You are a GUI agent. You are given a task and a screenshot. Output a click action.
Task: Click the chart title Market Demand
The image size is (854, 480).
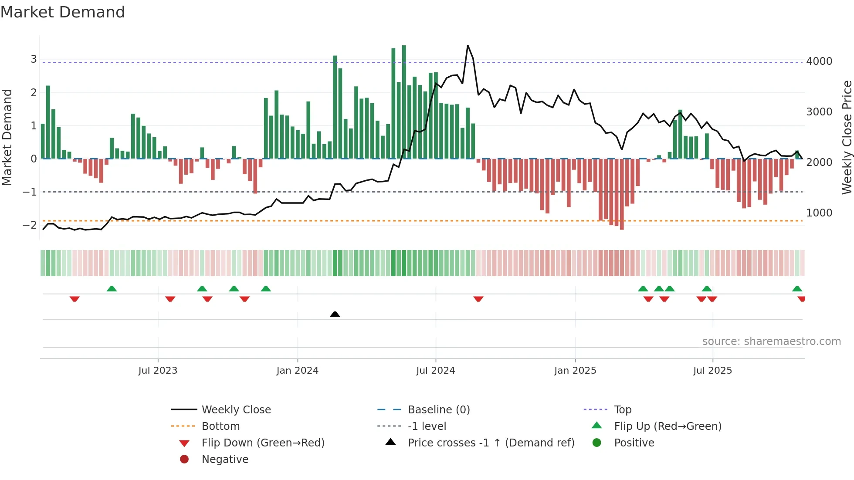click(x=63, y=12)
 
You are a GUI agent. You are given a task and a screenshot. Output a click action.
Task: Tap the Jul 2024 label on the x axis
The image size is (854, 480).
click(x=435, y=371)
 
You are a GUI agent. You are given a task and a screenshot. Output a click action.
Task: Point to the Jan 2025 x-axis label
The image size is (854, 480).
click(x=575, y=371)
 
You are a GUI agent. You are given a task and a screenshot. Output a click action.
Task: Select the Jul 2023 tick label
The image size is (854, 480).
click(x=158, y=371)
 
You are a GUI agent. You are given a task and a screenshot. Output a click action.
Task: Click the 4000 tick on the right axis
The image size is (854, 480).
click(x=819, y=61)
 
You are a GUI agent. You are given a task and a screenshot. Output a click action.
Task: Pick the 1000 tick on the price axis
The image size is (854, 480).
click(x=819, y=213)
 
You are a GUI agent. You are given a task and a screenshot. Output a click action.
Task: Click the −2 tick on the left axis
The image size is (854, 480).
click(x=30, y=225)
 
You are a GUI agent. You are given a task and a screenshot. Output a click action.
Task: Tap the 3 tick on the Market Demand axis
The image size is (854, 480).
click(x=34, y=59)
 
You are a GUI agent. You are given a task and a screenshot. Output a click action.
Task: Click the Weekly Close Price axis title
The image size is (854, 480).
click(x=847, y=137)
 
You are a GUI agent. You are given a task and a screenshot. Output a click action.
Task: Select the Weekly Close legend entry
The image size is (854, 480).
click(x=236, y=410)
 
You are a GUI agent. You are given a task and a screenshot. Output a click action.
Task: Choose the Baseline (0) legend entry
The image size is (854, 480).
click(x=438, y=410)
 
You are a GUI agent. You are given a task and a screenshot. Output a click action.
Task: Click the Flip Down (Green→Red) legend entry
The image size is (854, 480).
click(x=263, y=443)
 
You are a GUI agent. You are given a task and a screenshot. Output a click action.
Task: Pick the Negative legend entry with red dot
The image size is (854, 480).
click(x=224, y=460)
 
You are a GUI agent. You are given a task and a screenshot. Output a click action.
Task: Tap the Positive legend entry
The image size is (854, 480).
click(x=634, y=443)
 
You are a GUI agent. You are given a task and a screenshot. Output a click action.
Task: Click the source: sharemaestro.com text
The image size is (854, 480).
click(x=771, y=341)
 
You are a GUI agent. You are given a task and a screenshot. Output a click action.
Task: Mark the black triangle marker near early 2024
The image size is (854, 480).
click(x=335, y=314)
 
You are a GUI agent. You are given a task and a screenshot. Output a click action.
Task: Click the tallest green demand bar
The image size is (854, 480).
click(x=404, y=102)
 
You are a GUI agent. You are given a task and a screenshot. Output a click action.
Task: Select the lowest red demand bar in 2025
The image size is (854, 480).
click(x=622, y=194)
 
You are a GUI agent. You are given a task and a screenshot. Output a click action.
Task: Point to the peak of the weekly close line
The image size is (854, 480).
click(x=468, y=46)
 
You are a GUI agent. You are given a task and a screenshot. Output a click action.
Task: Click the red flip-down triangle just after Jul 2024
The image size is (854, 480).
click(x=478, y=299)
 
